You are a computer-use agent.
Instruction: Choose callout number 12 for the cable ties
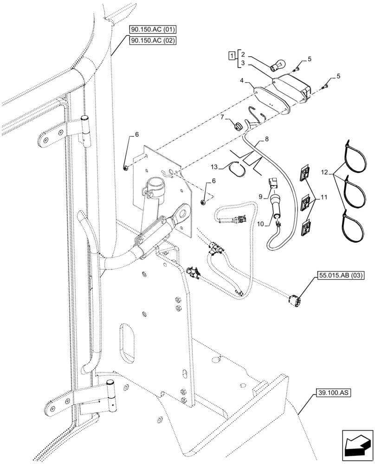(x=323, y=173)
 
